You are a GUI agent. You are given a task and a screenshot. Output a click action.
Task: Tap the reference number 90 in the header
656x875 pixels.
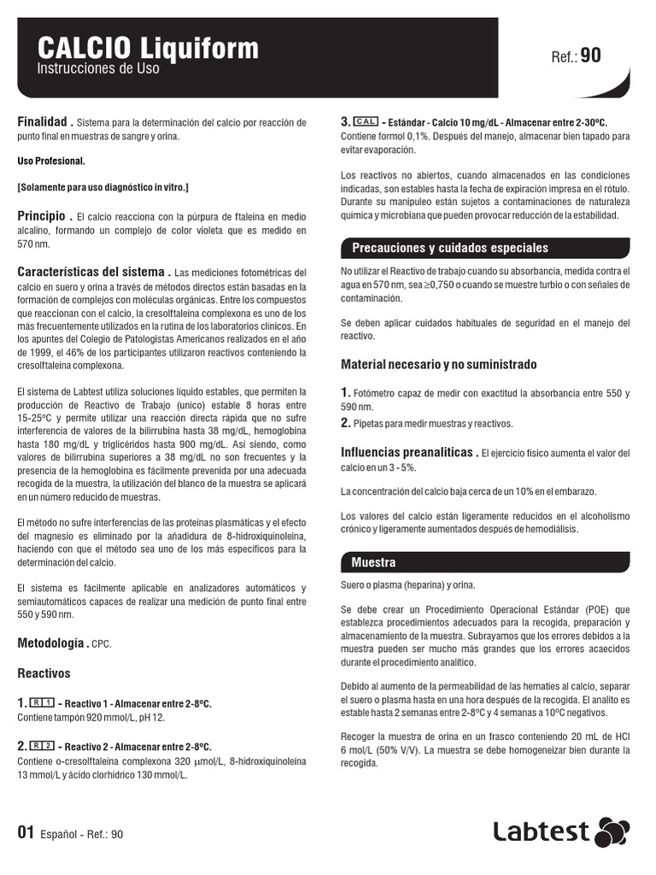click(590, 56)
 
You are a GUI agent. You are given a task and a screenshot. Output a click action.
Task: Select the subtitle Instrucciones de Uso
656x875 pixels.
click(98, 68)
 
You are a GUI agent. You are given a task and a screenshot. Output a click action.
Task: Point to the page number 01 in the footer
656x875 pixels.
click(26, 833)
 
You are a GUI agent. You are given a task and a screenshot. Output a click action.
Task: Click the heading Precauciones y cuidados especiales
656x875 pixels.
click(450, 248)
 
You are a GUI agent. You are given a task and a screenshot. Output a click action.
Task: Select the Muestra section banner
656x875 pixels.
click(373, 562)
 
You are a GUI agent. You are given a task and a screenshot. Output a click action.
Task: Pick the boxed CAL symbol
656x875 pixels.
click(366, 122)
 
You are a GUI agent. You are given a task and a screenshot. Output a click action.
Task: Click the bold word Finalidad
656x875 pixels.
click(43, 122)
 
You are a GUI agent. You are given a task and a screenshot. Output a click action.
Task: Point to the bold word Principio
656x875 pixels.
click(42, 216)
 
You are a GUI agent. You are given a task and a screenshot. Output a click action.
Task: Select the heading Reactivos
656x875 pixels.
click(44, 673)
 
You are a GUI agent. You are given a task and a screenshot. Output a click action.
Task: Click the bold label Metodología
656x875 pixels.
click(53, 643)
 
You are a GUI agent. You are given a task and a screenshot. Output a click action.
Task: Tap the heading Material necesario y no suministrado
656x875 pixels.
click(439, 364)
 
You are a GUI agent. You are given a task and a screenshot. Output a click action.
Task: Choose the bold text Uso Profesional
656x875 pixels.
click(51, 161)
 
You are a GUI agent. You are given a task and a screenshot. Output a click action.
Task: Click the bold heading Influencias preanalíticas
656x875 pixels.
click(409, 452)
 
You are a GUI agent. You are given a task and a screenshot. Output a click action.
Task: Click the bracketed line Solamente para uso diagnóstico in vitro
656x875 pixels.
click(103, 186)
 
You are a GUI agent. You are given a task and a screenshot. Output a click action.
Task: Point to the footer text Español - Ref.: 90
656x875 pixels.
click(81, 834)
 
